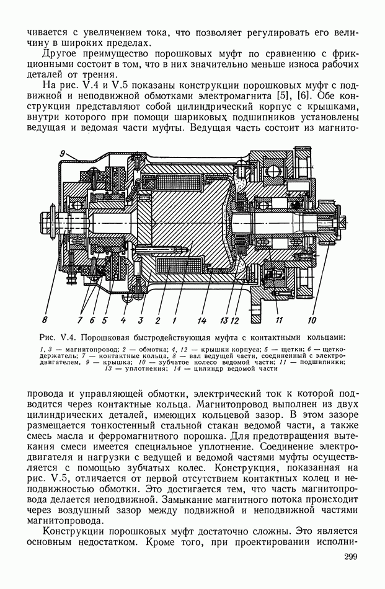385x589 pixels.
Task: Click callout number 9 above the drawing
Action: [x=63, y=153]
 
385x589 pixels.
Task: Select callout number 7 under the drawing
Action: [x=80, y=320]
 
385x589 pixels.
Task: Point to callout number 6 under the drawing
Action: [x=92, y=320]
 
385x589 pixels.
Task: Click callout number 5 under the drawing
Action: [x=105, y=320]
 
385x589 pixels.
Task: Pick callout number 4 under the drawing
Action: [x=123, y=320]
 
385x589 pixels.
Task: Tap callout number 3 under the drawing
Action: [x=141, y=320]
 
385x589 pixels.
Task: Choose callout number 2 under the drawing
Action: [x=158, y=320]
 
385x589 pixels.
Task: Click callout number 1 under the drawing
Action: [x=175, y=320]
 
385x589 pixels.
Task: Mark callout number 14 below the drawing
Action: [x=202, y=320]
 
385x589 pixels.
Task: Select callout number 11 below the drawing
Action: [x=280, y=320]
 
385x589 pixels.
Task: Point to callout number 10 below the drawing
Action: [x=312, y=320]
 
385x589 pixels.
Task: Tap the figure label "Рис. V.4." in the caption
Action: [x=57, y=339]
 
